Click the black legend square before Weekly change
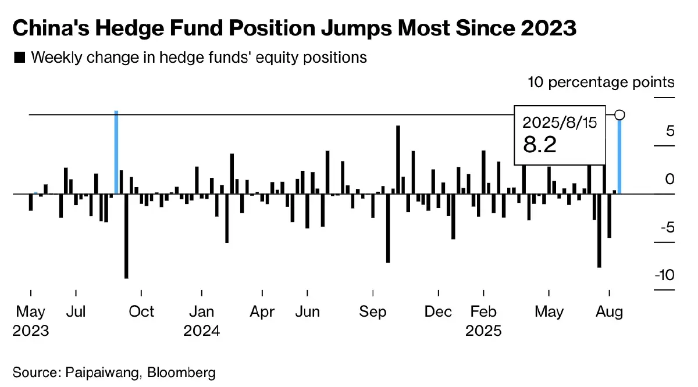(x=19, y=58)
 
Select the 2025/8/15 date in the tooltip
(x=561, y=123)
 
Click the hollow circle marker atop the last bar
(x=620, y=114)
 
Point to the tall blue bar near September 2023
(x=116, y=152)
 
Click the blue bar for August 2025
(x=620, y=156)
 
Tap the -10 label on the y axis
(x=664, y=275)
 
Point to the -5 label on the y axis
(x=666, y=227)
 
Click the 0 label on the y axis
(x=670, y=179)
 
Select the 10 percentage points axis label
(x=601, y=82)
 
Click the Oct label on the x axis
(x=141, y=312)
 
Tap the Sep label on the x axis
(x=373, y=312)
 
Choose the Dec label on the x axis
(x=438, y=312)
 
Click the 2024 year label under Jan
(x=202, y=331)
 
